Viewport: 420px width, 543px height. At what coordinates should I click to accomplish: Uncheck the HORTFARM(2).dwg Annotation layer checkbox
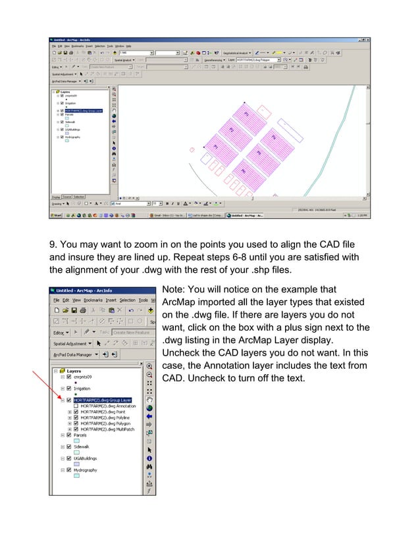tap(76, 406)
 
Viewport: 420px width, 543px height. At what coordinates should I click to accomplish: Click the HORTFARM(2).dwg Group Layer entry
tap(103, 400)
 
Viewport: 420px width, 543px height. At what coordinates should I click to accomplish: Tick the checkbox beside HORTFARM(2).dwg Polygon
tap(76, 423)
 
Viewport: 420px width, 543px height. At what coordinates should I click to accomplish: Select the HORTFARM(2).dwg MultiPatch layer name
tap(109, 429)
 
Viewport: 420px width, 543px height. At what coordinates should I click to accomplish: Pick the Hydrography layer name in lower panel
tap(86, 470)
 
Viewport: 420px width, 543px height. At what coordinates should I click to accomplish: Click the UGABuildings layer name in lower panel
tap(86, 458)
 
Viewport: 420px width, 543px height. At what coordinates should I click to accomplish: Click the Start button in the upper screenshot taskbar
tap(58, 215)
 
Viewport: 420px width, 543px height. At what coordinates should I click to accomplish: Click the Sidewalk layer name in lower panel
tap(82, 446)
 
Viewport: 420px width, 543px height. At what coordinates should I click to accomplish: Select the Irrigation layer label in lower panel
tap(82, 389)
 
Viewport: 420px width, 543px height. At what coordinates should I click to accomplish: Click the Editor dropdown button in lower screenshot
tap(65, 332)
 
